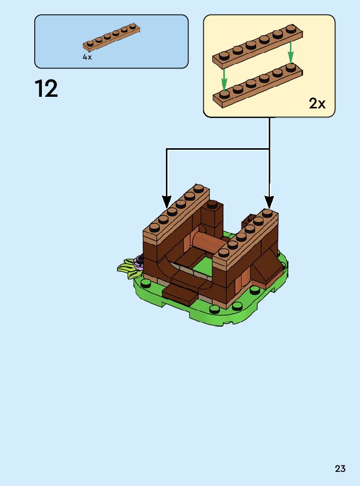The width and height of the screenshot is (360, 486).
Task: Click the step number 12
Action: (x=46, y=89)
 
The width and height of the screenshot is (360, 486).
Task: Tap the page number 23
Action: (x=340, y=469)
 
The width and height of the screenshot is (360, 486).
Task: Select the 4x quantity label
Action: (x=87, y=57)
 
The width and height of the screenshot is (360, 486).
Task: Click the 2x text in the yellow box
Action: (x=317, y=104)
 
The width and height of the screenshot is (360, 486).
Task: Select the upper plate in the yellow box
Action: (x=258, y=46)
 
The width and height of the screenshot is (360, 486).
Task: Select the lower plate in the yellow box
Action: (x=258, y=86)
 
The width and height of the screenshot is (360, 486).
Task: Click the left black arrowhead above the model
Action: (x=166, y=201)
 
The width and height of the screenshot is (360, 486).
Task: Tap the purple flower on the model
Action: (x=139, y=261)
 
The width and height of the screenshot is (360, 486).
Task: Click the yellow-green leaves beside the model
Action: (x=128, y=268)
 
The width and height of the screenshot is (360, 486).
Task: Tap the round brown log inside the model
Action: (x=207, y=242)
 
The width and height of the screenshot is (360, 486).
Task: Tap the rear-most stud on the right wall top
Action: (x=267, y=213)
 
